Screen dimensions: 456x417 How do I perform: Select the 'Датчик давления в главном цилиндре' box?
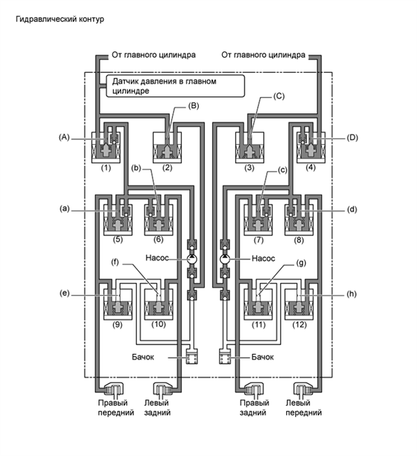click(175, 86)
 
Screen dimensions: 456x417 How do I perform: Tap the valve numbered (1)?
click(106, 148)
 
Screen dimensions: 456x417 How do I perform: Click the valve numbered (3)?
click(248, 148)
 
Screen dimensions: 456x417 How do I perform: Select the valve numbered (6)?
click(159, 221)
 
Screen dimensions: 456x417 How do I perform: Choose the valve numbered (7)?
click(258, 221)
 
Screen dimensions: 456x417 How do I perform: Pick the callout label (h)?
click(352, 295)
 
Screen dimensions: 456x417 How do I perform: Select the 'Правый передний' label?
click(114, 408)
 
